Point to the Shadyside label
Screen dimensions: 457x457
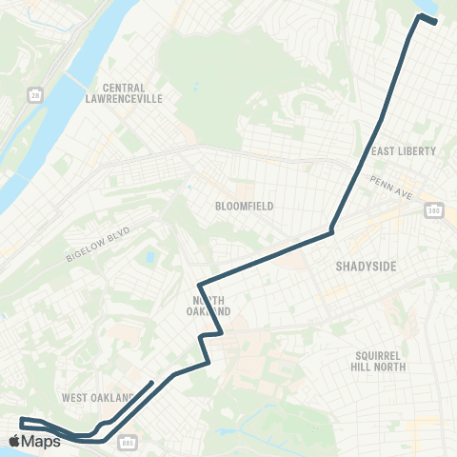coord(366,268)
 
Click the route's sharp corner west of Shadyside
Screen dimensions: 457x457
coord(331,230)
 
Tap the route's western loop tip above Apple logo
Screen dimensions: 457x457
coord(21,420)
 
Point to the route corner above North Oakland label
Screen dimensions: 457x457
coord(199,284)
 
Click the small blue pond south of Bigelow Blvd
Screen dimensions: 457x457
coord(149,257)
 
